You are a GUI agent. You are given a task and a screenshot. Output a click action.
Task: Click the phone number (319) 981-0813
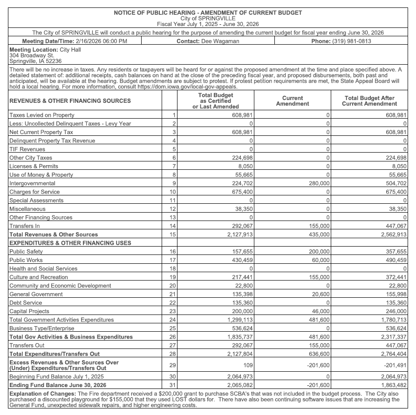(352, 41)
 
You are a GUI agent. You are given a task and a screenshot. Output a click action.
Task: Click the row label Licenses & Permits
(34, 166)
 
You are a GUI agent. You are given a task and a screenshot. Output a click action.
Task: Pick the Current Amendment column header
(293, 101)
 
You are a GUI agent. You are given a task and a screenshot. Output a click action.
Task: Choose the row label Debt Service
(25, 303)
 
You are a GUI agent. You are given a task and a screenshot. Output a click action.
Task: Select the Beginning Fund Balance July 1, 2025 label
(56, 376)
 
